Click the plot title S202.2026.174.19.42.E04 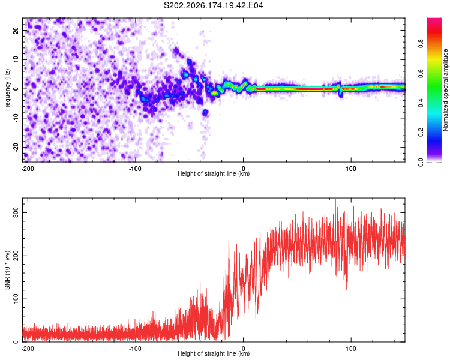click(x=213, y=5)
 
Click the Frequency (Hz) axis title click(x=7, y=90)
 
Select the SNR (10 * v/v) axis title click(x=7, y=270)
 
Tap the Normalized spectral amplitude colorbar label click(x=445, y=90)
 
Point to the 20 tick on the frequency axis click(x=16, y=30)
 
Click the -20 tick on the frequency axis click(x=16, y=147)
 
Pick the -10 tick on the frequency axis click(x=16, y=118)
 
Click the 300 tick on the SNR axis click(x=16, y=213)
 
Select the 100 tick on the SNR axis click(x=16, y=299)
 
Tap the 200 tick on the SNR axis click(x=16, y=256)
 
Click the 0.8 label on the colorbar click(x=421, y=44)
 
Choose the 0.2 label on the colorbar click(x=421, y=133)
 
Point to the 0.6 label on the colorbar click(x=421, y=73)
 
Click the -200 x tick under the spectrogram click(x=28, y=169)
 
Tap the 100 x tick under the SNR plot click(x=351, y=349)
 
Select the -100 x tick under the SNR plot click(x=135, y=349)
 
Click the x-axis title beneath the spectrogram click(x=214, y=173)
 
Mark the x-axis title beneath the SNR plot click(x=214, y=353)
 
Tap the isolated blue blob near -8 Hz click(x=205, y=112)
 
